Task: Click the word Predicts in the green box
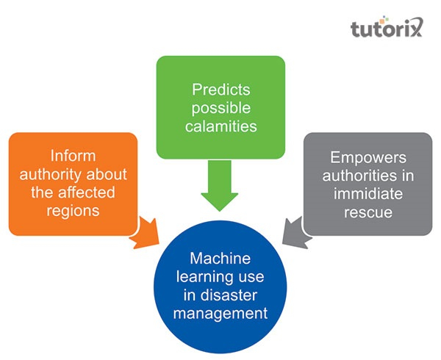pos(220,90)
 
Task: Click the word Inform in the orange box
pos(73,156)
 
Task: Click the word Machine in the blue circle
pos(220,259)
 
